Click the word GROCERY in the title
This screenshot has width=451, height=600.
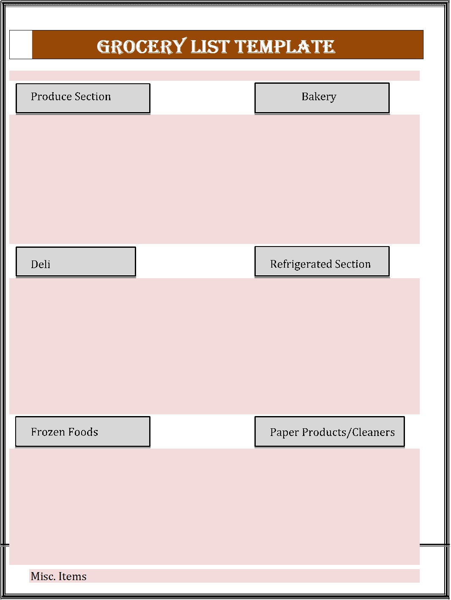pos(142,46)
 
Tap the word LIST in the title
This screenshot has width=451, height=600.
pos(210,47)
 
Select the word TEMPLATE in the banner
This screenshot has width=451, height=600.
pos(284,47)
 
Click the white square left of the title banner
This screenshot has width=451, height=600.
pos(21,44)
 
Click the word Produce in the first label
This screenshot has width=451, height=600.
pos(51,96)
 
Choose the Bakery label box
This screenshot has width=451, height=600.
pos(322,98)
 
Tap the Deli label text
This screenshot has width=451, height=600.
pos(41,264)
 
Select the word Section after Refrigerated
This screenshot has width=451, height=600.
pos(353,264)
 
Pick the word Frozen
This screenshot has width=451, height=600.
pos(48,432)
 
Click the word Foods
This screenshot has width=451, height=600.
pos(83,432)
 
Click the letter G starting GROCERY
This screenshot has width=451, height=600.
pos(103,47)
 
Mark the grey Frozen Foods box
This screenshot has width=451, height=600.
pos(83,432)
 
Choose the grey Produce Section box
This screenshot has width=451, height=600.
pos(83,98)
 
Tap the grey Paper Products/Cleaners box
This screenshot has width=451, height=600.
pos(330,432)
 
